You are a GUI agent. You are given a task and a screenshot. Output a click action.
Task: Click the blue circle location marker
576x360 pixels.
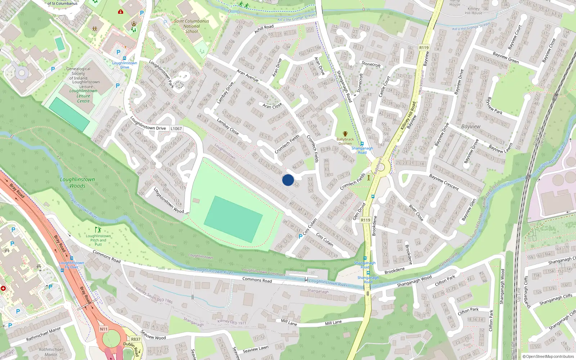coord(288,180)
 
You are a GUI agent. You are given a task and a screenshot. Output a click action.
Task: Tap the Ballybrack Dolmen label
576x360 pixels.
coord(345,141)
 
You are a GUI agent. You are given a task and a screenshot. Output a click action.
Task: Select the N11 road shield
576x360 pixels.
coord(104,329)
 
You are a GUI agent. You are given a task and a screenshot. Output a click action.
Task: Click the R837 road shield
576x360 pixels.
coord(136,339)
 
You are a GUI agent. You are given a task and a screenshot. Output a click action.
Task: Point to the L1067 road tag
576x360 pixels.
coord(176,129)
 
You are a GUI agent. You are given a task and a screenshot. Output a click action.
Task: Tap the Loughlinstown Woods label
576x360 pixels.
coord(77,183)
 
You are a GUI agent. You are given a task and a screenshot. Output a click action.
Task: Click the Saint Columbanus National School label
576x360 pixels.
coord(192,26)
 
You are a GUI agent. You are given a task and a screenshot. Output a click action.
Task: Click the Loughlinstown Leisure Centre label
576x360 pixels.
coord(83,96)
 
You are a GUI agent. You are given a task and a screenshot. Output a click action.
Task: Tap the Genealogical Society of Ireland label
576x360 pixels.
coord(78,73)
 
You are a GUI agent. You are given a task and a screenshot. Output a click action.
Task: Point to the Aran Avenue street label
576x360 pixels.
coord(248,75)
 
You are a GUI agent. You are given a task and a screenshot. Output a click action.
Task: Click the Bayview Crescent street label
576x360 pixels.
coord(444,182)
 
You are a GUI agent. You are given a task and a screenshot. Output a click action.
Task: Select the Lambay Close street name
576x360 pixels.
coord(228,126)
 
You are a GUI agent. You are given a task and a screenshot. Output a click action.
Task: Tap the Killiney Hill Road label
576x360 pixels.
coord(408,116)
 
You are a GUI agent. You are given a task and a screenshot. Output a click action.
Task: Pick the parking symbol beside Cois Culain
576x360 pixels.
coord(301,237)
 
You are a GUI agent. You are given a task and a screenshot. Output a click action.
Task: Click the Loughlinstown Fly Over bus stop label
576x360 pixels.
coord(72,265)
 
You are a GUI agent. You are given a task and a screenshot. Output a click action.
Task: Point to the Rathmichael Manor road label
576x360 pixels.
coord(44,334)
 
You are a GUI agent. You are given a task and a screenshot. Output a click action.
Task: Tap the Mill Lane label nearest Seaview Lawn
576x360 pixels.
coord(289,322)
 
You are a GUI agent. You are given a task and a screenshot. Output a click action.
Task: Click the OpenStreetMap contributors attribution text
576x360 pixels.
coord(548,356)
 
